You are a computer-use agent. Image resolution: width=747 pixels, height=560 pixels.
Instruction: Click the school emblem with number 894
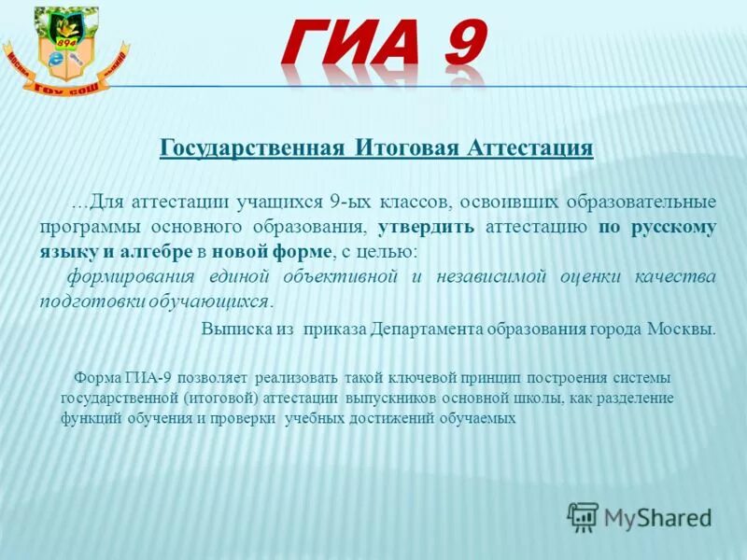click(66, 50)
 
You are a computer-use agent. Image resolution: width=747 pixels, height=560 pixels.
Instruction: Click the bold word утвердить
click(427, 227)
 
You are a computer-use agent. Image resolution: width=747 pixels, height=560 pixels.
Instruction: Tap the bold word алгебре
click(158, 252)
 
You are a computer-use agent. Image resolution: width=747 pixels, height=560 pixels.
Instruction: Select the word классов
click(416, 202)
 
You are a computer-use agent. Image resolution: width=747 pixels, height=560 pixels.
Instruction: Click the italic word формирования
click(130, 277)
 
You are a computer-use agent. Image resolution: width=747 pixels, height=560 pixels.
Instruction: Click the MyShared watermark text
click(657, 517)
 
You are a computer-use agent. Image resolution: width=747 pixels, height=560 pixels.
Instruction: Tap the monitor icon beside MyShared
click(583, 516)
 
